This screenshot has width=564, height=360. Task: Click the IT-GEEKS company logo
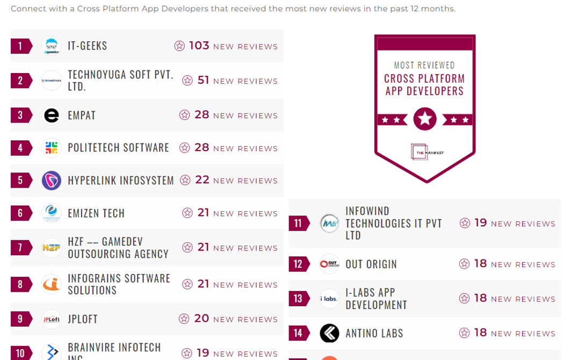tap(52, 46)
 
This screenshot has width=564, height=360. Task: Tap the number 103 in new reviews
tap(199, 46)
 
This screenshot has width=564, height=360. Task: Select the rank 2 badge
tap(21, 81)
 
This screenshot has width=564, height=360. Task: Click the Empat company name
tap(82, 116)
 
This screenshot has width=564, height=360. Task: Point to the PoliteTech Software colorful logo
tap(52, 148)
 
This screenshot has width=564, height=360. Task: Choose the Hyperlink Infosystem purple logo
tap(52, 180)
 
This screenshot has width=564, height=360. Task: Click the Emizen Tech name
tap(96, 213)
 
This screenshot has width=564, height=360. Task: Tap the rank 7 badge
tap(21, 248)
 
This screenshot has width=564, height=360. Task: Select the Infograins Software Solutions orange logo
tap(52, 284)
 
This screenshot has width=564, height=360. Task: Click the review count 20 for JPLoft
tap(201, 319)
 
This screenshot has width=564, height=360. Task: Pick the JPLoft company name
tap(83, 319)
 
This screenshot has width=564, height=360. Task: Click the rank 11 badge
tap(299, 223)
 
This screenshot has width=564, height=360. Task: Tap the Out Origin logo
tap(329, 264)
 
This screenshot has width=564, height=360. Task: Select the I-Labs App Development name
tap(376, 299)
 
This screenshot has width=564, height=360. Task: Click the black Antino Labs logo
tap(329, 333)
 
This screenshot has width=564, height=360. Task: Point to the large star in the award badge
tap(425, 119)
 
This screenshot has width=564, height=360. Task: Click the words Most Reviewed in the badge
tap(424, 65)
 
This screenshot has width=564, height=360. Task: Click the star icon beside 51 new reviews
tap(187, 81)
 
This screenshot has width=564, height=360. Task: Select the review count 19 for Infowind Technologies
tap(480, 223)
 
